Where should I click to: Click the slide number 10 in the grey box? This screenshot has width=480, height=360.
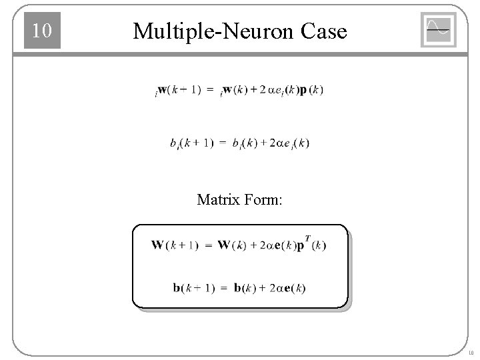[x=42, y=31]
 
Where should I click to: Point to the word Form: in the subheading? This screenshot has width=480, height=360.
[x=263, y=199]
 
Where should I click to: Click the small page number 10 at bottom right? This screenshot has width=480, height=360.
[x=470, y=353]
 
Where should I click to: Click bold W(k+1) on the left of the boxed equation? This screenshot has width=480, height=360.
[x=175, y=245]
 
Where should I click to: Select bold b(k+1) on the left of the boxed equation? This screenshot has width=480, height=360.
[x=193, y=288]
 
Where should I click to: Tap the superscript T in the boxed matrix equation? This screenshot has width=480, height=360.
[x=307, y=237]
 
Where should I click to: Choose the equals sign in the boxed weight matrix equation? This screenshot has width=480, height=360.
[x=208, y=245]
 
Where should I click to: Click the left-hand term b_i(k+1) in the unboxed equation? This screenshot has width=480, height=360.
[x=191, y=143]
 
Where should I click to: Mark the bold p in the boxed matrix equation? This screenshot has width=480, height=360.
[x=301, y=245]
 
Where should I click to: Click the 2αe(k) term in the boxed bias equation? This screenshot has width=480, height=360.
[x=283, y=288]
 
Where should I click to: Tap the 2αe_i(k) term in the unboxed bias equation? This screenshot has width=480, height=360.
[x=285, y=143]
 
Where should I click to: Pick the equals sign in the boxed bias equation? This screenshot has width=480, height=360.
[x=224, y=288]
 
